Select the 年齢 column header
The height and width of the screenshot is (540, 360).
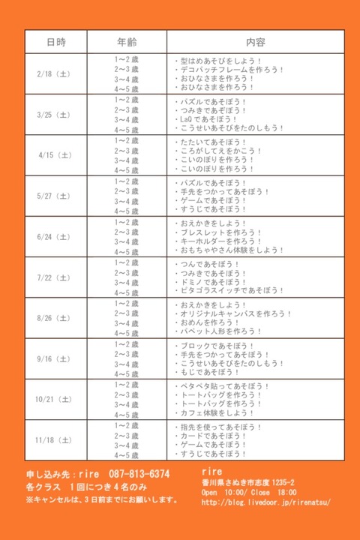[126, 41]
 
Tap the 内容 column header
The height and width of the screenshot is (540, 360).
[255, 41]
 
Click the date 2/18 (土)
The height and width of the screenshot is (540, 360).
[54, 74]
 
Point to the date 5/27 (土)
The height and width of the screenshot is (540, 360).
[54, 196]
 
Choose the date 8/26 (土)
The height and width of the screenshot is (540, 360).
[54, 319]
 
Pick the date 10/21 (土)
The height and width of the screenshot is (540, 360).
[54, 400]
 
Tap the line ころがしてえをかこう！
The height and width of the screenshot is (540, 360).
[217, 150]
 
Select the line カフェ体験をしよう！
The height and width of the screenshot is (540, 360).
[217, 412]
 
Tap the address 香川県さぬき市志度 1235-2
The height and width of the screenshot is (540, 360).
[248, 483]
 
